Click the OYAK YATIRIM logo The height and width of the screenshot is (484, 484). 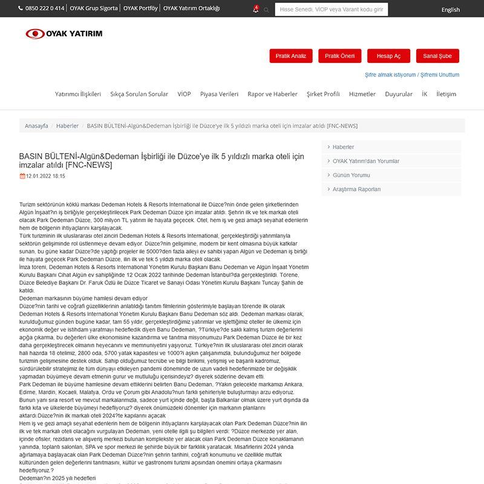pos(64,33)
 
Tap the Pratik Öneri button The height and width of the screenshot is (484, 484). pos(339,56)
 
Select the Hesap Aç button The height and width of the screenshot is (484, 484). pos(388,56)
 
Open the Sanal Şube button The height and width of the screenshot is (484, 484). pos(437,56)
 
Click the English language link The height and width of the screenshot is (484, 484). pos(450,10)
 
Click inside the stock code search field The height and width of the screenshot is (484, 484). pos(331,10)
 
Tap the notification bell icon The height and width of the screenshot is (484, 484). pos(255,10)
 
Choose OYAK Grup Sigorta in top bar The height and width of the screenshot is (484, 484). pos(94,8)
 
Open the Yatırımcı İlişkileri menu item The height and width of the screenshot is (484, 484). pos(78,94)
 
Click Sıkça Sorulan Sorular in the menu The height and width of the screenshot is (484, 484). pos(139,94)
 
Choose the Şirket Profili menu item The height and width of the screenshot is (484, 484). pos(323,94)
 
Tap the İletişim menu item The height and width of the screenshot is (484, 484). pos(446,94)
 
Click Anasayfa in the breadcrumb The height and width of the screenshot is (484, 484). pos(36,126)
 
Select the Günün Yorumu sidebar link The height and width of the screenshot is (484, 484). pos(351,175)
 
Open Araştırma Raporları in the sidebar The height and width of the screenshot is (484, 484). pos(356,189)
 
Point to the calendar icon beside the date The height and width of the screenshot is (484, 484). pos(22,176)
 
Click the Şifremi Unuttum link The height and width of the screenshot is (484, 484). pos(440,75)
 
